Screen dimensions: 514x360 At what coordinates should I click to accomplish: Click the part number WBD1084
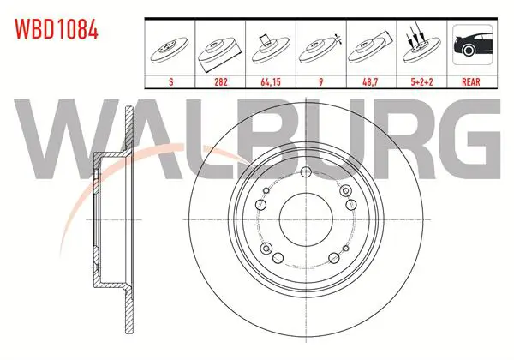(57, 29)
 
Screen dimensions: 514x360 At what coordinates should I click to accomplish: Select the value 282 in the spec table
(221, 81)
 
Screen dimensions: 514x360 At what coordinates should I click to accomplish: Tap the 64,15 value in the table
(271, 81)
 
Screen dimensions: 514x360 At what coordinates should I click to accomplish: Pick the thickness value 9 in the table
(320, 81)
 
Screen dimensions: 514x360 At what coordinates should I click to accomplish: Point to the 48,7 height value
(370, 81)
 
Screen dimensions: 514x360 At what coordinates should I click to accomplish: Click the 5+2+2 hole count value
(421, 81)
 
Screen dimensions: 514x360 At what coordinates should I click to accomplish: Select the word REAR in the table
(471, 81)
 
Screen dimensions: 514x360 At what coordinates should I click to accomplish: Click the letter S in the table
(170, 81)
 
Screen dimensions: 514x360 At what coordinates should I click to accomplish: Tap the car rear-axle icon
(472, 45)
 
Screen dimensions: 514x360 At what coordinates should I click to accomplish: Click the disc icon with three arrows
(421, 46)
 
